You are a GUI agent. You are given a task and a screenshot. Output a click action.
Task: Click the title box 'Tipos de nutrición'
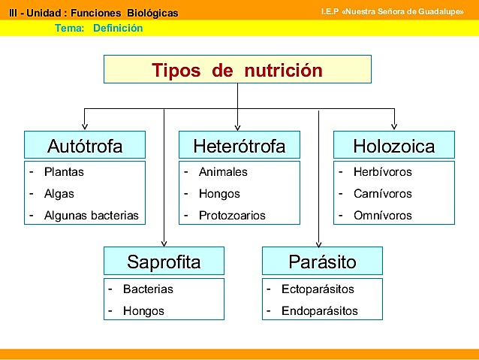237,70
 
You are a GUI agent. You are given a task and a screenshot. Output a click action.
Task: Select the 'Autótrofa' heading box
84,145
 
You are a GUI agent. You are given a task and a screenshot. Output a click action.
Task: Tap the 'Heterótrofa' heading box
239,145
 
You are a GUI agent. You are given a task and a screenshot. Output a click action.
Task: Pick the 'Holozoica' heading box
393,145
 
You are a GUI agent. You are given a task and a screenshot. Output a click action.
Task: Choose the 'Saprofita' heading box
164,262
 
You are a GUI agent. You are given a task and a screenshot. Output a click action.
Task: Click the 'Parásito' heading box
322,262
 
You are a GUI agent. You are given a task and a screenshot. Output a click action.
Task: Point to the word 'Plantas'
64,172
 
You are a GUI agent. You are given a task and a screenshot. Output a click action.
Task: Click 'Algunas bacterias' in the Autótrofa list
92,216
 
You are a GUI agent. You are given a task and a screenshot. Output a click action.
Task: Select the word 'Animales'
223,172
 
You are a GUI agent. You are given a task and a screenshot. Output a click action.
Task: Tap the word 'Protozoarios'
232,216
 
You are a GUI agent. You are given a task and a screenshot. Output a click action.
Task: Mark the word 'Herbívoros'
382,172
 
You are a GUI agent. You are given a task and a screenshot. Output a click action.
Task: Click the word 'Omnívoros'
382,216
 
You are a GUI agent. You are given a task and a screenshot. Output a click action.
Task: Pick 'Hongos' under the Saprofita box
143,310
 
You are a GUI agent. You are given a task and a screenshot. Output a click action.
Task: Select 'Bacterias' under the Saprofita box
148,289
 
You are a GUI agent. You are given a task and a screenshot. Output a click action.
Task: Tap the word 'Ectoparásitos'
318,289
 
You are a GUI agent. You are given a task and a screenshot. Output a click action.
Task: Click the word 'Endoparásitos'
319,310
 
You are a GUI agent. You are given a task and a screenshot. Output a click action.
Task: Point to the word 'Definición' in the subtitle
118,29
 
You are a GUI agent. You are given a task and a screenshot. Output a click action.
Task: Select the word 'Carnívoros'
382,194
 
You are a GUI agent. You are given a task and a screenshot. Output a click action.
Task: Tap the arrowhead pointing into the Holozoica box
393,127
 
